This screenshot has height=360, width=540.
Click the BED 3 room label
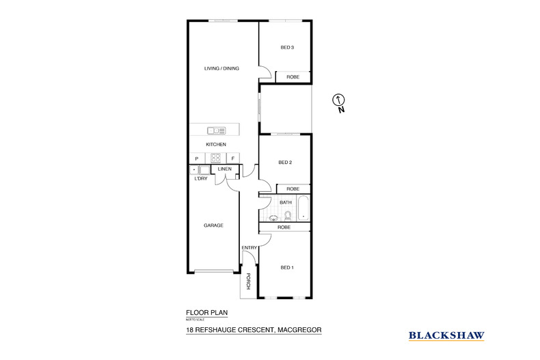tap(287, 47)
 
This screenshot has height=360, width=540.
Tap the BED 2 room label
tap(286, 162)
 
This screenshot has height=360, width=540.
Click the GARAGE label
tap(214, 225)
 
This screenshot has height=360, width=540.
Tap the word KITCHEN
tap(216, 145)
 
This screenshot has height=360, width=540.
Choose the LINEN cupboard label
tap(225, 169)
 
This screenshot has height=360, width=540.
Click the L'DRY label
tap(201, 178)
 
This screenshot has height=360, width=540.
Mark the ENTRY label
tap(248, 247)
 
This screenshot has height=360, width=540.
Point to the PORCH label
tap(249, 280)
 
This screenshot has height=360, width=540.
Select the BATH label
tap(286, 202)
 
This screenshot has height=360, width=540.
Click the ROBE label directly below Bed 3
tap(293, 77)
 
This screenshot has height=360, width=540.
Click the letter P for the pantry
tap(196, 158)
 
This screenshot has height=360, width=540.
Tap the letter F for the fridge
tap(232, 158)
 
